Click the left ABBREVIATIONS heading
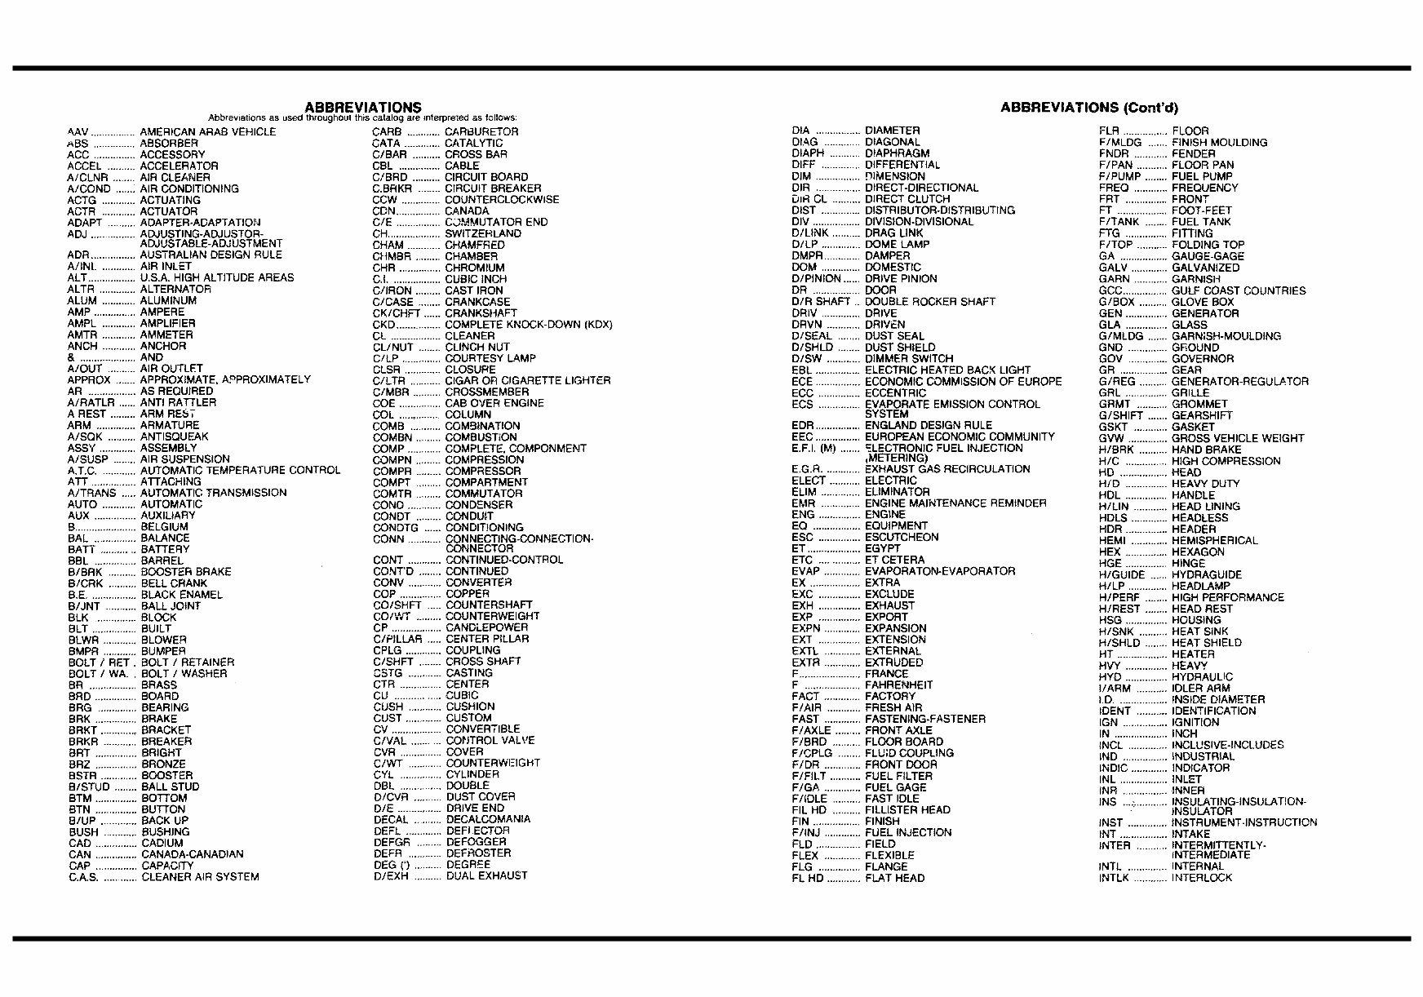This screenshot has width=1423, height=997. pyautogui.click(x=362, y=107)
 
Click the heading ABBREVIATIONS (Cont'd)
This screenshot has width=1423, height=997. pyautogui.click(x=1088, y=108)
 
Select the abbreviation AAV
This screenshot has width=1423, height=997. pyautogui.click(x=78, y=131)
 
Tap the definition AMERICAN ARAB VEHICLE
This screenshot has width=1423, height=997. pyautogui.click(x=208, y=131)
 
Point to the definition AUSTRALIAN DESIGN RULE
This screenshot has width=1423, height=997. pyautogui.click(x=211, y=255)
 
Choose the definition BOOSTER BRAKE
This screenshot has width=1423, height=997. pyautogui.click(x=186, y=572)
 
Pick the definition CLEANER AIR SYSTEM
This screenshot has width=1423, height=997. pyautogui.click(x=200, y=877)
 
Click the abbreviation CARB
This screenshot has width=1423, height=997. pyautogui.click(x=387, y=131)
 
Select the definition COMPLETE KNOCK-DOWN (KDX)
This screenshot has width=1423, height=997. pyautogui.click(x=529, y=324)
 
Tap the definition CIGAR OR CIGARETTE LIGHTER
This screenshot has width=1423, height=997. pyautogui.click(x=527, y=380)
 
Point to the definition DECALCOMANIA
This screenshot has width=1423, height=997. pyautogui.click(x=488, y=819)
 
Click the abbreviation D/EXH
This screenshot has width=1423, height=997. pyautogui.click(x=391, y=875)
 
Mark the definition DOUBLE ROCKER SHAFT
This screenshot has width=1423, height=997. pyautogui.click(x=929, y=302)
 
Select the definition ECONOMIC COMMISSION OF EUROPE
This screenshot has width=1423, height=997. pyautogui.click(x=963, y=381)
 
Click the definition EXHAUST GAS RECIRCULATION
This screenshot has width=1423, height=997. pyautogui.click(x=946, y=469)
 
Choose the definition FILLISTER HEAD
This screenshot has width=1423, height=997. pyautogui.click(x=907, y=810)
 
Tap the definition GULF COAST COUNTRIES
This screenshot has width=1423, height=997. pyautogui.click(x=1238, y=290)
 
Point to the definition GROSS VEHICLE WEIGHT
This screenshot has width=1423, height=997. pyautogui.click(x=1237, y=438)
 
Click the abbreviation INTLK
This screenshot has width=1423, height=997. pyautogui.click(x=1114, y=878)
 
